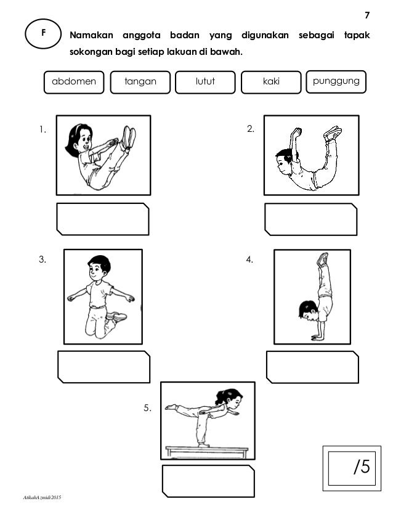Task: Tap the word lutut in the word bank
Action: tap(205, 81)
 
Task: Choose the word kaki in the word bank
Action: tap(271, 81)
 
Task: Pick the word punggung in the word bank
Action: tap(336, 81)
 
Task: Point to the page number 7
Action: tap(367, 15)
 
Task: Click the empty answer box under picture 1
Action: tap(102, 218)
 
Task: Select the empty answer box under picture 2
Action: tap(310, 219)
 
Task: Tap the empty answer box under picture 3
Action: tap(103, 367)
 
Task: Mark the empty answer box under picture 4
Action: tap(312, 367)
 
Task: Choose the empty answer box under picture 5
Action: tap(208, 481)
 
